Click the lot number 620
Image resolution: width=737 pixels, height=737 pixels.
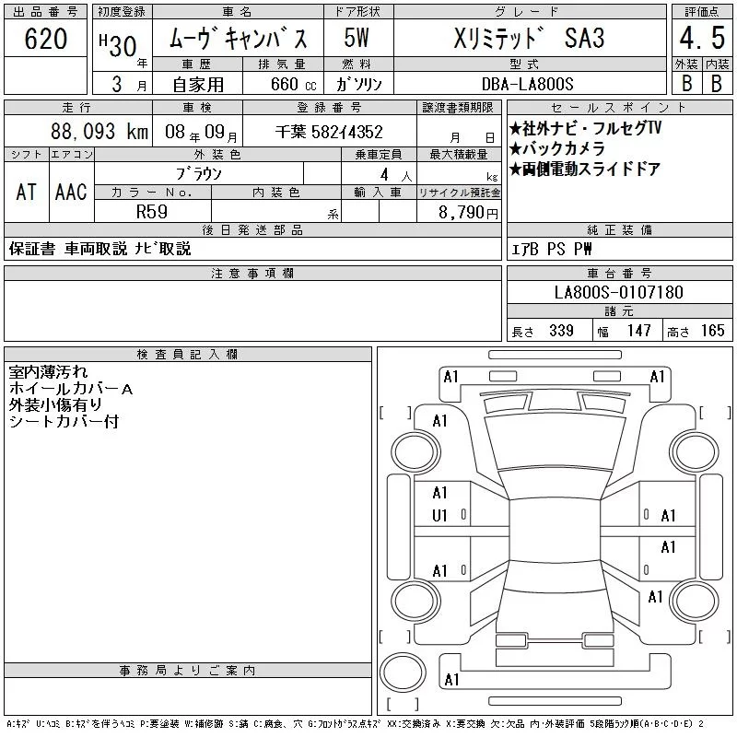45,39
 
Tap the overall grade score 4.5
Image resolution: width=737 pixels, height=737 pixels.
702,38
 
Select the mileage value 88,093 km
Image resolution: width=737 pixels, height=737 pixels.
99,132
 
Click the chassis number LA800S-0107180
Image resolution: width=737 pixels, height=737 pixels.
618,292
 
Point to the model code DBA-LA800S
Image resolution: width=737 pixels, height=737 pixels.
527,84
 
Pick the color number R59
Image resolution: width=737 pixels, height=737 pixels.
152,212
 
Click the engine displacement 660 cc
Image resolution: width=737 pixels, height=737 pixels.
293,84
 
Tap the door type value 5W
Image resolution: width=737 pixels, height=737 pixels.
357,38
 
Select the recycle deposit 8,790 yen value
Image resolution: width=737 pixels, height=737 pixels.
468,213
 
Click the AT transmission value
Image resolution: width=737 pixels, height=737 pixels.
27,192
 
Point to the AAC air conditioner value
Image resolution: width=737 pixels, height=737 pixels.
71,192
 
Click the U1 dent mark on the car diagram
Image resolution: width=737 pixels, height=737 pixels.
439,516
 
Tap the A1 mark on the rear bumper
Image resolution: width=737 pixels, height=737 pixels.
451,680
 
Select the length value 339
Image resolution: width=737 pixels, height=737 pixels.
561,331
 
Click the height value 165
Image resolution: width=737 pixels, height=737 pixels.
712,331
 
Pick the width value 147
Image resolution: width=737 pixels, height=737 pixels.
638,331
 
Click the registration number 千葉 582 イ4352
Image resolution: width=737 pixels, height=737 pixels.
329,132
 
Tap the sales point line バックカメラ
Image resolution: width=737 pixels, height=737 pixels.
557,148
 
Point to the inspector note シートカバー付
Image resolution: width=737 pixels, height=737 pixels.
64,422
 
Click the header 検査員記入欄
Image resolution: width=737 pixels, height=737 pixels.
187,355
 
